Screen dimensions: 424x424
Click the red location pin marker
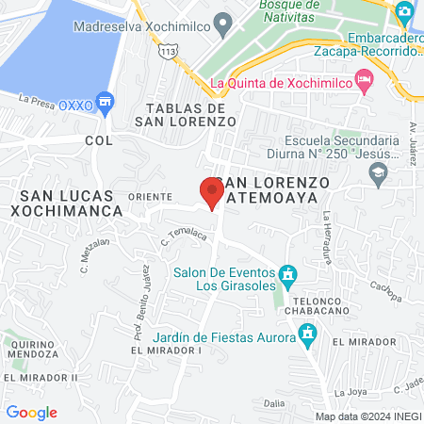[211, 191]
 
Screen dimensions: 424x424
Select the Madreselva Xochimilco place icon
[223, 22]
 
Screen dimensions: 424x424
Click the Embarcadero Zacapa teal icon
[405, 13]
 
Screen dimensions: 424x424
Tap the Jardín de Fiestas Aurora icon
[307, 332]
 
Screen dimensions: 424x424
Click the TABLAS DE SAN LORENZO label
[184, 113]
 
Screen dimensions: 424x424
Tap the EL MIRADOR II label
[40, 377]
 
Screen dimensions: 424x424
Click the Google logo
[31, 412]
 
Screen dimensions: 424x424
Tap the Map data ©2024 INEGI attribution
[367, 416]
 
